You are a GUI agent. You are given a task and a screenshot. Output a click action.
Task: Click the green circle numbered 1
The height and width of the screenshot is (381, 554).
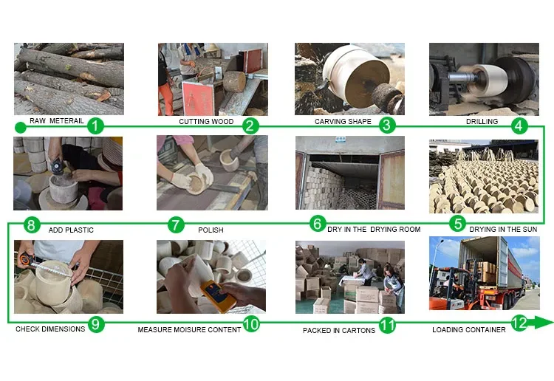[95, 126]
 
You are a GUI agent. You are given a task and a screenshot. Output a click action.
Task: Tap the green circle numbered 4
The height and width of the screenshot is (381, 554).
[519, 126]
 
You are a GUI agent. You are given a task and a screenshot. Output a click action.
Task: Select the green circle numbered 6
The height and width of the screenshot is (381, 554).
[318, 224]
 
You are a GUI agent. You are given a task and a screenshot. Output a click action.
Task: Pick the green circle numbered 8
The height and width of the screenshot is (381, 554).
[31, 225]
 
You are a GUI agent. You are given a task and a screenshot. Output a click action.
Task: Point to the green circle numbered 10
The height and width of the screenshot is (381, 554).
[251, 324]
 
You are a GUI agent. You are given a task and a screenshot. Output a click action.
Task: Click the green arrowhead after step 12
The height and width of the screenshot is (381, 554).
[544, 323]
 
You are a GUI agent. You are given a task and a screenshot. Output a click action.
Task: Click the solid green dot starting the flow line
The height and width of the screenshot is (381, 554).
[21, 128]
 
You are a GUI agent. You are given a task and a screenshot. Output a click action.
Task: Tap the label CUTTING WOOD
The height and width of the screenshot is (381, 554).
[206, 122]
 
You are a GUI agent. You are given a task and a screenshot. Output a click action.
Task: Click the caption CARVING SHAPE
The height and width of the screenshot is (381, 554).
[343, 122]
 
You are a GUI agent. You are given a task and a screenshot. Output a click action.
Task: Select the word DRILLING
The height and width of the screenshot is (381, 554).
[482, 122]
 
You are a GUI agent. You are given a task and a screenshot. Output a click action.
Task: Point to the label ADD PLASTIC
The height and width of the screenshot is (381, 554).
[71, 230]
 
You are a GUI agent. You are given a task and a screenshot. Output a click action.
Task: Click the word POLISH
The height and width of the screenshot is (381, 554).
[211, 230]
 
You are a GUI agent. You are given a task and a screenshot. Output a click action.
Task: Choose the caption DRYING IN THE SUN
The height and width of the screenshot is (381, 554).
[503, 230]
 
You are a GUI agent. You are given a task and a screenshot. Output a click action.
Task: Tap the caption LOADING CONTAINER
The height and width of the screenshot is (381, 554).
[469, 330]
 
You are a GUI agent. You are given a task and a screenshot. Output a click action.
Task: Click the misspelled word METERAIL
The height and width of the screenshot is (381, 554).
[66, 121]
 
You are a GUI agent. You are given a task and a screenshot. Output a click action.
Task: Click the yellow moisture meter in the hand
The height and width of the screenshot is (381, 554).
[219, 297]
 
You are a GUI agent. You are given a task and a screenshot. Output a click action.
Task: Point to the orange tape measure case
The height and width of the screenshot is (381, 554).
[25, 259]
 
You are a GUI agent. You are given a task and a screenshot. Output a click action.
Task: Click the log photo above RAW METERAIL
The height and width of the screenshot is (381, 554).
[69, 79]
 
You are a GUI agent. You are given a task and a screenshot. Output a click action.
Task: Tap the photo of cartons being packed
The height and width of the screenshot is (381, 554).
[350, 278]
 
